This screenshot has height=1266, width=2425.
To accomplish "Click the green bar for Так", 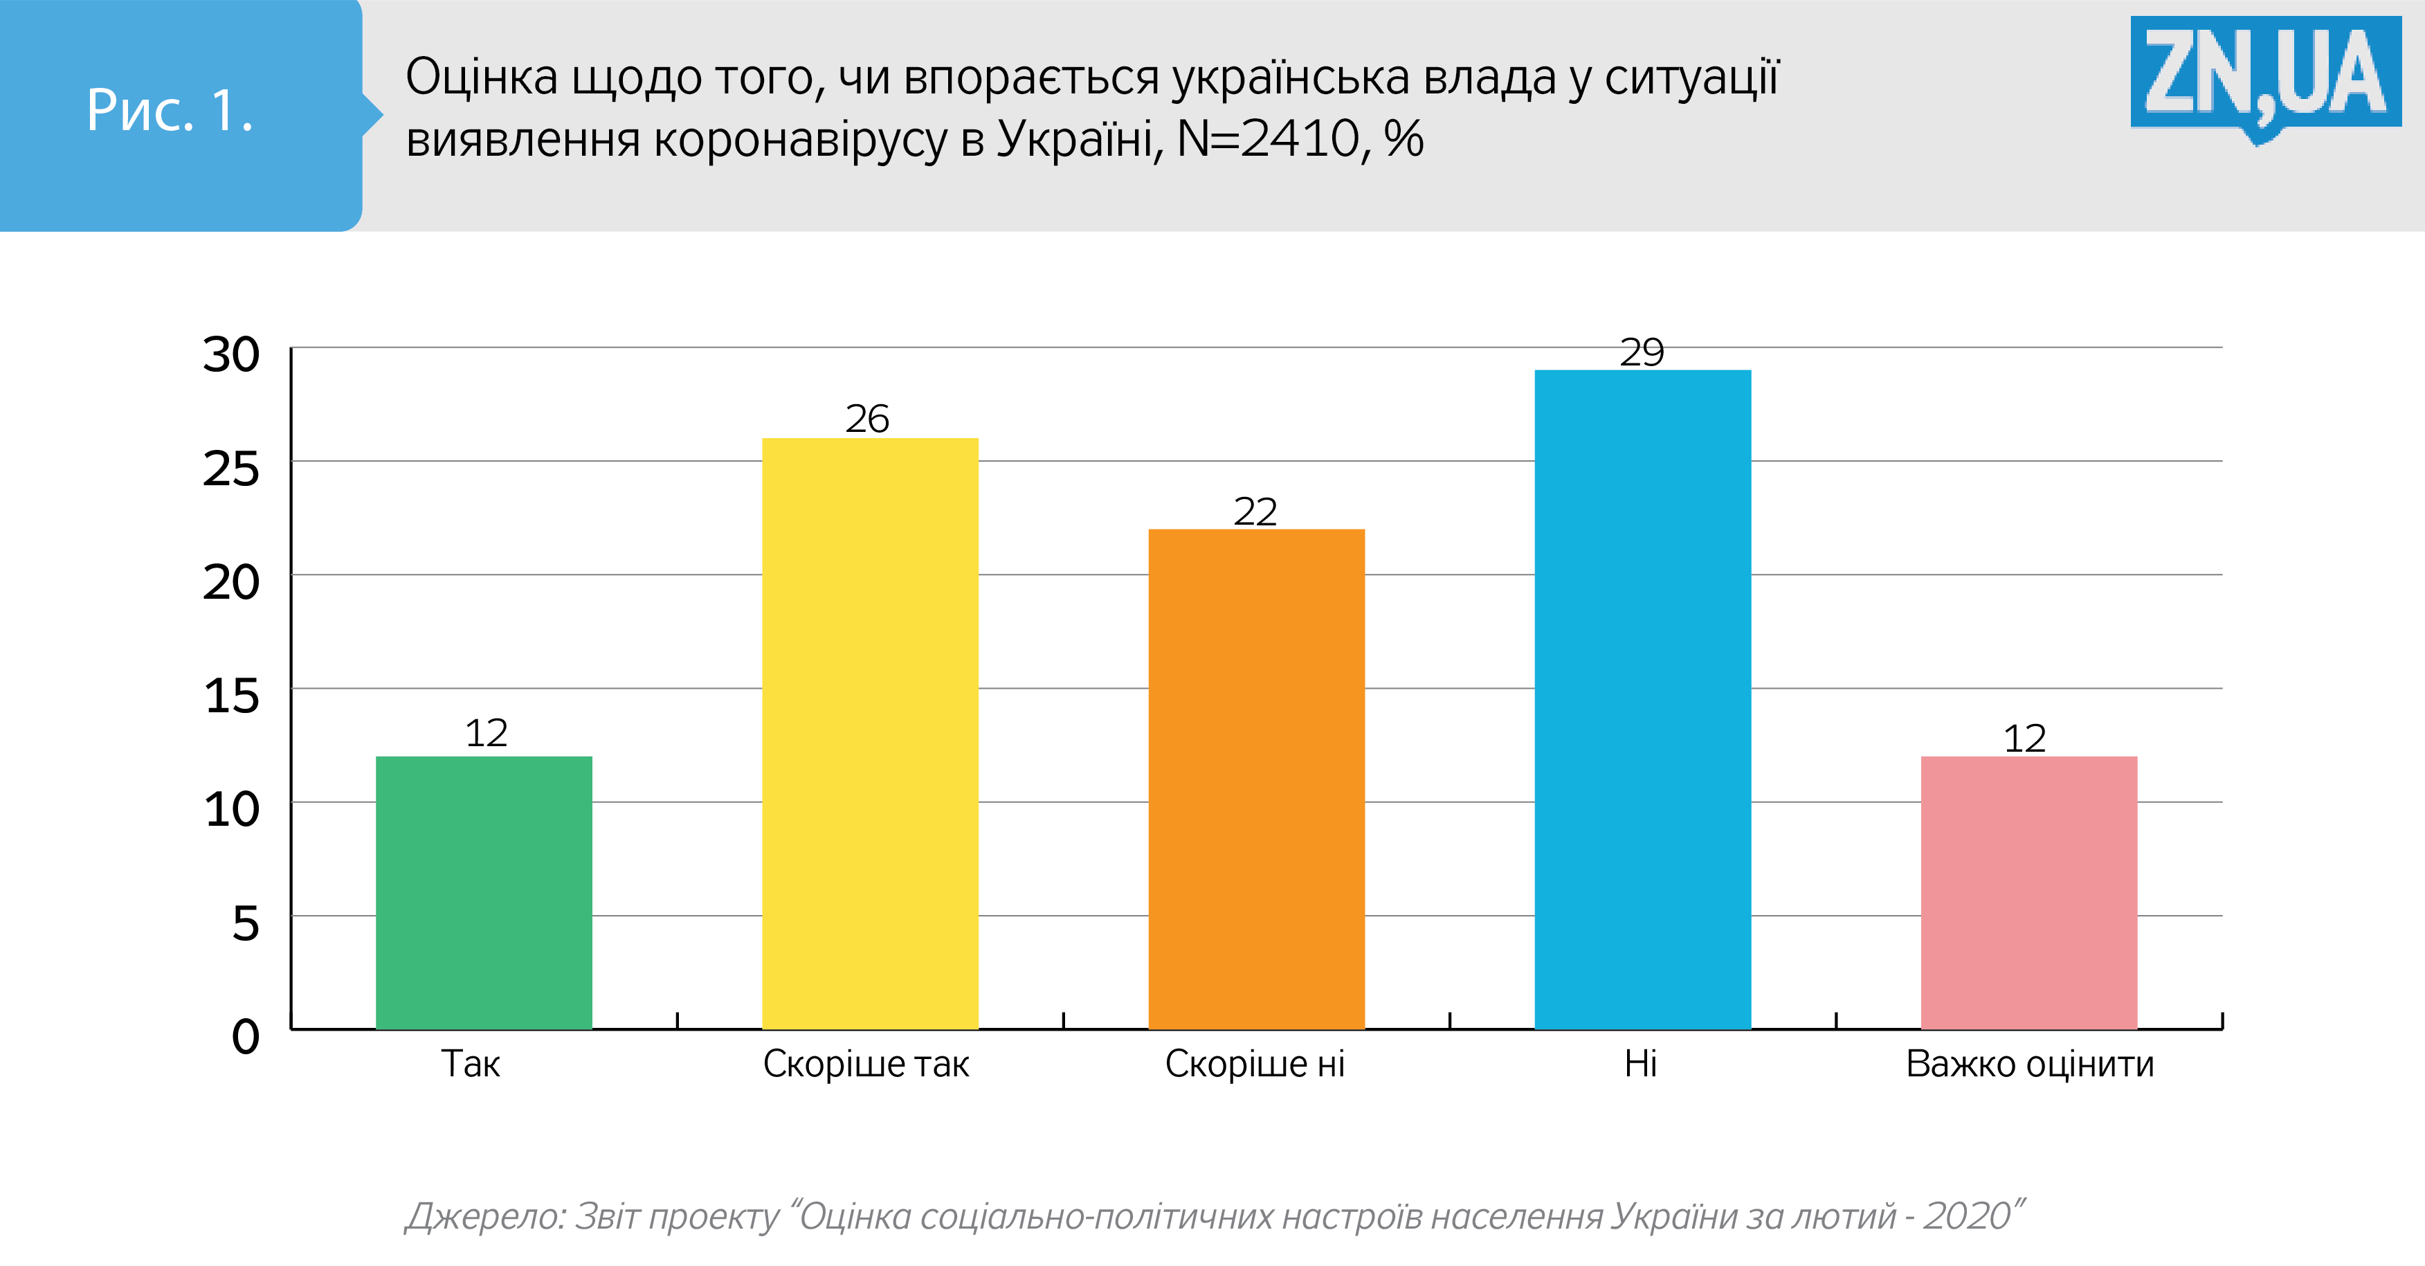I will click(484, 892).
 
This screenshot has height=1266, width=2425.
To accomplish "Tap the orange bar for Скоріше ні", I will click(1256, 779).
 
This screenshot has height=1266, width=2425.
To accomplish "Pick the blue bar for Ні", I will click(1643, 698).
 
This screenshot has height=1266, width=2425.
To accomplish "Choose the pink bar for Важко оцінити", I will click(2028, 892).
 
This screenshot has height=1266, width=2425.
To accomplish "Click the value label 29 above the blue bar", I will click(1642, 353).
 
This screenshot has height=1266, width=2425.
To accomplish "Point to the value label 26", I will click(867, 419).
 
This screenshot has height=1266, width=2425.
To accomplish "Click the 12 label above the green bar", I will click(486, 733).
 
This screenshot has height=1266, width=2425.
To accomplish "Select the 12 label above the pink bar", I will click(2025, 739).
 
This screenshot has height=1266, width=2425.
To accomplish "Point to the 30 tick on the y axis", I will click(230, 356).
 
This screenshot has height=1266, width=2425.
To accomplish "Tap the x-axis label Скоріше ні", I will click(1255, 1064).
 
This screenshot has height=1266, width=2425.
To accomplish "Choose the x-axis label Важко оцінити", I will click(2030, 1064).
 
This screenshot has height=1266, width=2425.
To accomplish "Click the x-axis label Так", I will click(471, 1064).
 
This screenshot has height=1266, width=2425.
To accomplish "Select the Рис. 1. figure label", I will click(170, 110).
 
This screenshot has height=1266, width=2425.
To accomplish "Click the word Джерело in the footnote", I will click(485, 1216).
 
